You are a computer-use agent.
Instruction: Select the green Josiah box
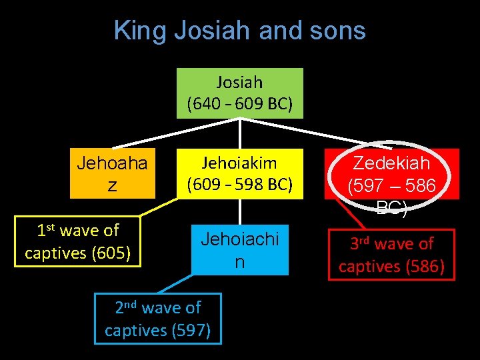coord(239,93)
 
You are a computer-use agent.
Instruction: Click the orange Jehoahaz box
coord(112,173)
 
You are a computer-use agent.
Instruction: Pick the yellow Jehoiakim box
coord(239,173)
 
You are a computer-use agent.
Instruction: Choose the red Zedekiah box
coord(391,173)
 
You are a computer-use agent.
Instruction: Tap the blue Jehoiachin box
coord(239,251)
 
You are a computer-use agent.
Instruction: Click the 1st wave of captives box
coord(78,241)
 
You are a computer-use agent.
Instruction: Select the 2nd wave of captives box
coord(158,318)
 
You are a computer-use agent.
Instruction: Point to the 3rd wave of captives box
coord(391,255)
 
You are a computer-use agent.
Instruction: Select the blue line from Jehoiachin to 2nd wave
coord(175,284)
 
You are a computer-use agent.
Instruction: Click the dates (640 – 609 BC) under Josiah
coord(239,105)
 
